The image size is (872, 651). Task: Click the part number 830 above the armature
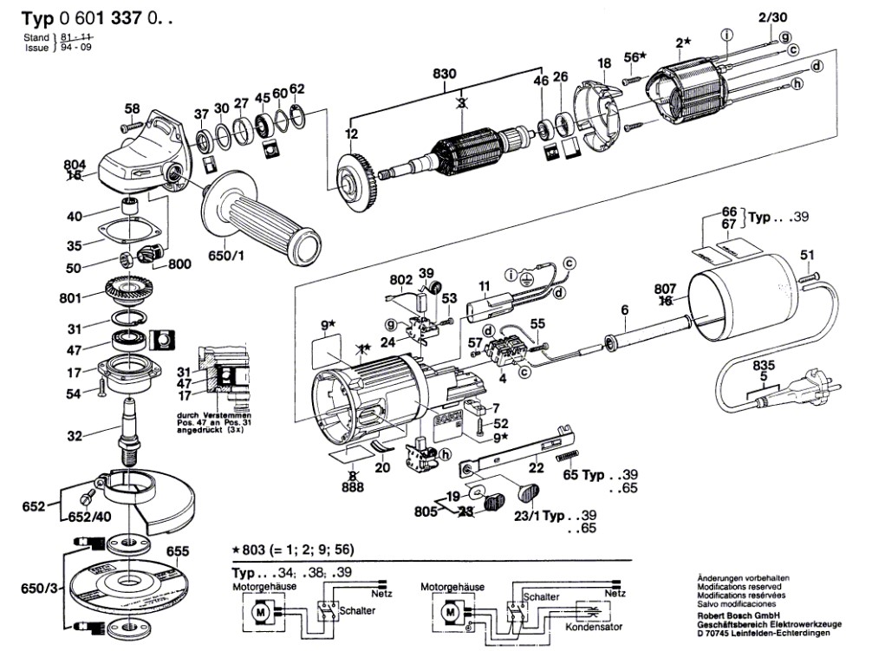pyautogui.click(x=444, y=75)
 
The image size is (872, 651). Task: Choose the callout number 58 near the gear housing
pyautogui.click(x=132, y=109)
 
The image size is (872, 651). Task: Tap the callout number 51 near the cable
pyautogui.click(x=807, y=254)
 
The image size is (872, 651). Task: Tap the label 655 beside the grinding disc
pyautogui.click(x=177, y=550)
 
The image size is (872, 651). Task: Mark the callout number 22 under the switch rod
pyautogui.click(x=537, y=468)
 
